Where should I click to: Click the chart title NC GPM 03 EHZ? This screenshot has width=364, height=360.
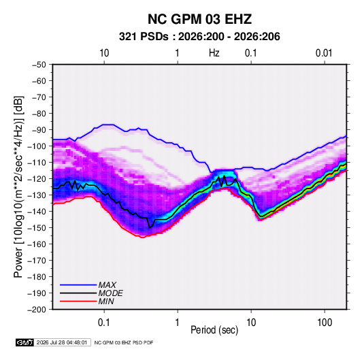tap(199, 19)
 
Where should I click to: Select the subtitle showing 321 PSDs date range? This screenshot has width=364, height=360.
tap(199, 37)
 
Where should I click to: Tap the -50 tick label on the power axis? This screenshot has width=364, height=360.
tap(39, 65)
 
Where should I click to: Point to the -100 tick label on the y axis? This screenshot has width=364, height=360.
tap(37, 146)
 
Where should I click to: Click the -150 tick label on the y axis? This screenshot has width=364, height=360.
tap(37, 227)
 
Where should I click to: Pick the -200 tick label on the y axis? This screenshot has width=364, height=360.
tap(37, 310)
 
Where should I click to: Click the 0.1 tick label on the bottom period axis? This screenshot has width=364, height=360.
tap(104, 322)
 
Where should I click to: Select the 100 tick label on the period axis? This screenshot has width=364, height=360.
tap(325, 322)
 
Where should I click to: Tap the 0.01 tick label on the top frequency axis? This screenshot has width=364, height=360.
tap(324, 53)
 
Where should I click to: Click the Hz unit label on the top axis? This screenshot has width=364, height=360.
tap(214, 53)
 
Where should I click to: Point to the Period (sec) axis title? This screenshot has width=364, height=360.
tap(214, 330)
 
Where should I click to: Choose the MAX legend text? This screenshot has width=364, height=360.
tap(107, 284)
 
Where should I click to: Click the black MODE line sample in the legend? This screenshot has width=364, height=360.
tap(78, 293)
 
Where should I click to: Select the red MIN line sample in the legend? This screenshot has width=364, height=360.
tap(78, 301)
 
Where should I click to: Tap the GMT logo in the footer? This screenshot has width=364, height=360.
tap(25, 342)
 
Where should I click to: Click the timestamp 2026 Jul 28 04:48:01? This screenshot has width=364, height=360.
tap(62, 342)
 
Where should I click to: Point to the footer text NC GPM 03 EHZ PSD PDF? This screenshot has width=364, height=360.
tap(124, 342)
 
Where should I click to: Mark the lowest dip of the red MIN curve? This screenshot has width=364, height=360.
tap(142, 238)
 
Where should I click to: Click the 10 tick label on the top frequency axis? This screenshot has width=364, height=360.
tap(104, 53)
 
